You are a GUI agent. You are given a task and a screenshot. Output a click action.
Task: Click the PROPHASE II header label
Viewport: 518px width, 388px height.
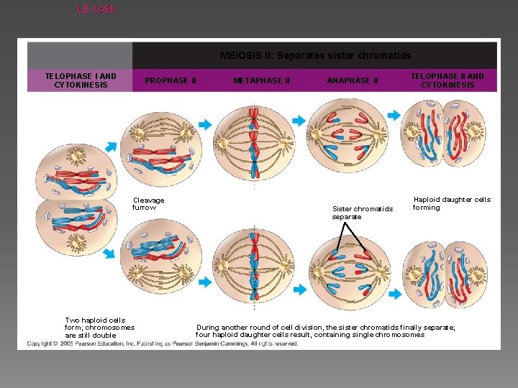click(171, 80)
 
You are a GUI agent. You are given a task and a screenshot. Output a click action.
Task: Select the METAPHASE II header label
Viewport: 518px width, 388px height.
click(262, 80)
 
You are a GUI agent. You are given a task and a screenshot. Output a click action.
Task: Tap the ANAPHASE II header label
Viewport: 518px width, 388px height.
click(353, 80)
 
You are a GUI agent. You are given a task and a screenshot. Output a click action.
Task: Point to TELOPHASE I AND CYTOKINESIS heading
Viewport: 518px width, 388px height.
click(81, 80)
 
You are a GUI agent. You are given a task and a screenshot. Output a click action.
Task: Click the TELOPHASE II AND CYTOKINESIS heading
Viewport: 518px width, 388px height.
click(447, 80)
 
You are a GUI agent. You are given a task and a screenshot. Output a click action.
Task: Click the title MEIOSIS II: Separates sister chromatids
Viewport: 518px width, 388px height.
click(315, 55)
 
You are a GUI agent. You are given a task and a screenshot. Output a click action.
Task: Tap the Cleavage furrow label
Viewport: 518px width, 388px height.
click(148, 204)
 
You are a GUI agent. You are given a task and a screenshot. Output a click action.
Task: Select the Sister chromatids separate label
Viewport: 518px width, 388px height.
click(363, 213)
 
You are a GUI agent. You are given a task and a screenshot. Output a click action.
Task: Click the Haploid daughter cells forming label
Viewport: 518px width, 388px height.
click(451, 203)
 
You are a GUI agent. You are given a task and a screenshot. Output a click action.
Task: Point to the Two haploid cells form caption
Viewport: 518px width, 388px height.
click(99, 328)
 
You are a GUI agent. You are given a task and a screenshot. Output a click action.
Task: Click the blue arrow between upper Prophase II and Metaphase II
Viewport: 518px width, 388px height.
click(206, 124)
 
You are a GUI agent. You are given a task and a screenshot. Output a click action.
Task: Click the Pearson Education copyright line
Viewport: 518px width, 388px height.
click(163, 344)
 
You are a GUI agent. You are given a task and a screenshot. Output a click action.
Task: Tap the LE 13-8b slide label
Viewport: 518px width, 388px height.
click(94, 9)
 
